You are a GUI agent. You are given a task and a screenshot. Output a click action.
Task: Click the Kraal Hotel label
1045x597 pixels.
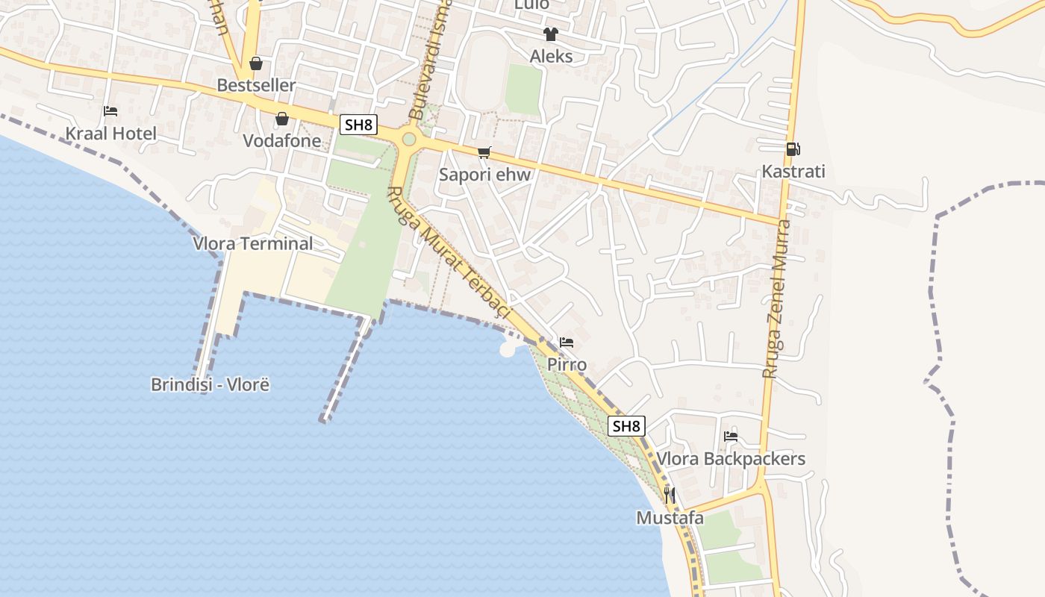tap(111, 134)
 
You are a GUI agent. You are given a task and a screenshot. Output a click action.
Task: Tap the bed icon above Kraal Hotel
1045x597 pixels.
tap(110, 112)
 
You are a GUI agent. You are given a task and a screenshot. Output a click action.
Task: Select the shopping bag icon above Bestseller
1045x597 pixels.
tap(256, 63)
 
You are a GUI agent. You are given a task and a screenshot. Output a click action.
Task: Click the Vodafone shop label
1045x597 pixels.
tap(282, 140)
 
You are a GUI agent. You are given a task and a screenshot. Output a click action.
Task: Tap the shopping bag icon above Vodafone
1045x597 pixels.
tap(282, 119)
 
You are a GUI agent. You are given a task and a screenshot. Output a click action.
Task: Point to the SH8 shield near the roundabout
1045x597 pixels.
tap(358, 125)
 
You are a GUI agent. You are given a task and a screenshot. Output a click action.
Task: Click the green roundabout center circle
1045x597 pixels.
tap(408, 139)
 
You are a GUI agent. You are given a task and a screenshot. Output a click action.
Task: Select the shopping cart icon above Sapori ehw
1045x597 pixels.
tap(484, 153)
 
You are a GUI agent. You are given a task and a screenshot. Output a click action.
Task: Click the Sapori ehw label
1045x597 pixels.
tap(485, 175)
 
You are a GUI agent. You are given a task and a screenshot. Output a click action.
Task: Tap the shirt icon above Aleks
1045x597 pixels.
tap(551, 34)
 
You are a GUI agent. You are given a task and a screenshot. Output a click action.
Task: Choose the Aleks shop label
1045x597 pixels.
tap(552, 56)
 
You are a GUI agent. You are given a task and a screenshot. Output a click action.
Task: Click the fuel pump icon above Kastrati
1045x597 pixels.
tap(793, 149)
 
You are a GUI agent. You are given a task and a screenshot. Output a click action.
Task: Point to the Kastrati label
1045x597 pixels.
tap(793, 171)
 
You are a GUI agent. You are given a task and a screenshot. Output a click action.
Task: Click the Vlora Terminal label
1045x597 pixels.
tap(253, 243)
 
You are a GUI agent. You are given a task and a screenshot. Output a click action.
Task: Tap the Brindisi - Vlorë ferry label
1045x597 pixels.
tap(210, 385)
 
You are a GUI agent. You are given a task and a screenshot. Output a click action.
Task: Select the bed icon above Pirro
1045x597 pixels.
tap(567, 343)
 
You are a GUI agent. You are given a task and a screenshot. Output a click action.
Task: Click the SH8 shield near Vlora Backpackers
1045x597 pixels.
tap(626, 426)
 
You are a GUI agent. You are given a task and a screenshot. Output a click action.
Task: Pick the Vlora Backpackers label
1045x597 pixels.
tap(731, 458)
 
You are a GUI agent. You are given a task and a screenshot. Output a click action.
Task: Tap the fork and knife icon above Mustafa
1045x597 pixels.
tap(670, 495)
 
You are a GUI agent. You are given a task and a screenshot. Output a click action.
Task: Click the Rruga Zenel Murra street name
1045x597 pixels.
tap(776, 298)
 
